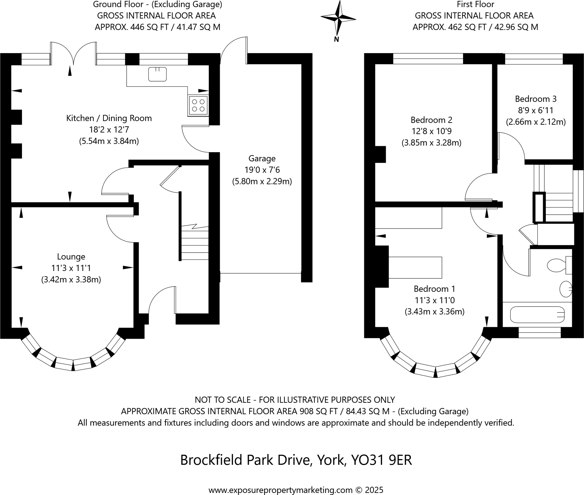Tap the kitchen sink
pyautogui.click(x=157, y=74)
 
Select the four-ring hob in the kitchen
pyautogui.click(x=198, y=105)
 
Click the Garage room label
pyautogui.click(x=262, y=158)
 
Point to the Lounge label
pyautogui.click(x=71, y=257)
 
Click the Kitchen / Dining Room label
pyautogui.click(x=109, y=118)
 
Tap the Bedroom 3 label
pyautogui.click(x=536, y=99)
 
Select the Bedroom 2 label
pyautogui.click(x=431, y=120)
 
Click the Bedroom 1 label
pyautogui.click(x=435, y=289)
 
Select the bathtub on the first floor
pyautogui.click(x=537, y=315)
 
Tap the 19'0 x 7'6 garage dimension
pyautogui.click(x=262, y=170)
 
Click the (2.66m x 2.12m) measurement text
pyautogui.click(x=536, y=122)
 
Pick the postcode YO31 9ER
pyautogui.click(x=382, y=460)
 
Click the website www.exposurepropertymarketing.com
pyautogui.click(x=281, y=490)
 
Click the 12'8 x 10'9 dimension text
pyautogui.click(x=431, y=131)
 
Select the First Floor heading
pyautogui.click(x=475, y=4)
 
